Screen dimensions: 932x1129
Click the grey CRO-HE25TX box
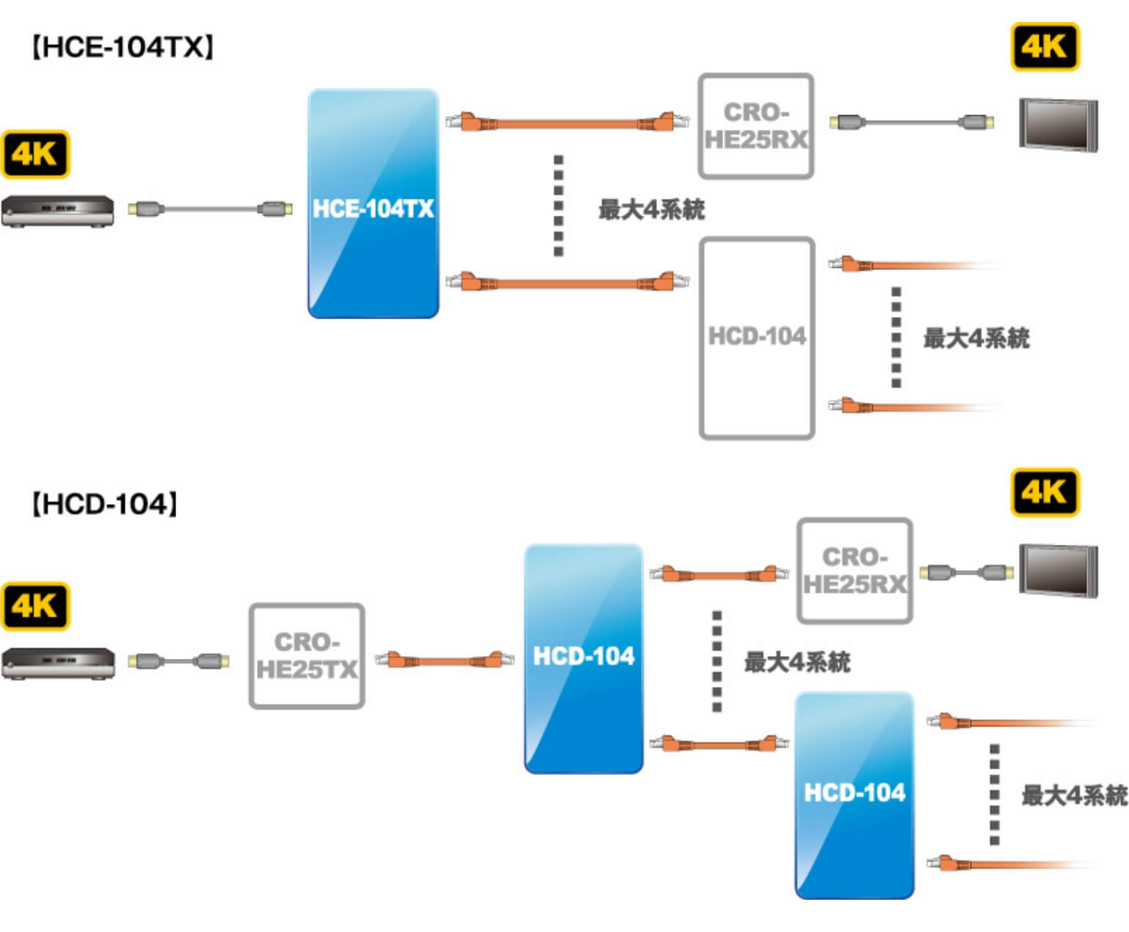pos(307,656)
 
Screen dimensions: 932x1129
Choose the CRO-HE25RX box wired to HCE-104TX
pos(756,125)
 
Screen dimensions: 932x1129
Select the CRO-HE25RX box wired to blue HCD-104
pos(854,571)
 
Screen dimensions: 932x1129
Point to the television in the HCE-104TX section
pos(1058,125)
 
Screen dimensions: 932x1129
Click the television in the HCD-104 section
pos(1058,571)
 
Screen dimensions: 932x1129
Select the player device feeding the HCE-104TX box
pos(57,211)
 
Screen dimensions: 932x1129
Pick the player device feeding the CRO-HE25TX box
pos(57,663)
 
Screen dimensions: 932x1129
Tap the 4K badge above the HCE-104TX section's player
pos(35,154)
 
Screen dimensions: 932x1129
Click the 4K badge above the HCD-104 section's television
pos(1045,492)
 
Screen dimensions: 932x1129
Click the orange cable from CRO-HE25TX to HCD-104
pos(444,660)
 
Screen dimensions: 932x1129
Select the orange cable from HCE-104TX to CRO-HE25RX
pos(565,123)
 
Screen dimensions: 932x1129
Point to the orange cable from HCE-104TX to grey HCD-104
pos(565,282)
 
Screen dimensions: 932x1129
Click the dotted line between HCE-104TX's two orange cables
pos(559,205)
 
